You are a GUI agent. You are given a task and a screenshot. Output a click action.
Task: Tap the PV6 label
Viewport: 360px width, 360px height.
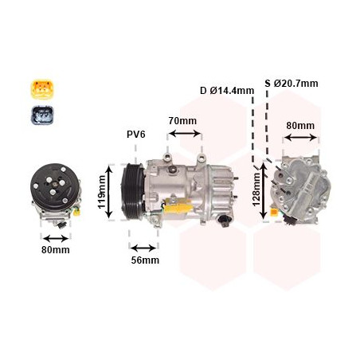tap(136, 134)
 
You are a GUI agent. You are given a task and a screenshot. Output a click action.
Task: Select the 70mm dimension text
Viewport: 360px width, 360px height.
tap(182, 120)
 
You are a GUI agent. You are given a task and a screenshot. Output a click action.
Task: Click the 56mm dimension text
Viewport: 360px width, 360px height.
tap(144, 260)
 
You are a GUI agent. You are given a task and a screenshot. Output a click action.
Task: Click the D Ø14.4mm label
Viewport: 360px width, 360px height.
tap(227, 90)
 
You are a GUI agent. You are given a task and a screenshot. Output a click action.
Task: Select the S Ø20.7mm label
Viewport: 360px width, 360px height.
tap(292, 83)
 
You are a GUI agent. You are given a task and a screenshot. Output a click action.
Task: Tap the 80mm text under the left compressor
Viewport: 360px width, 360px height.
tap(56, 249)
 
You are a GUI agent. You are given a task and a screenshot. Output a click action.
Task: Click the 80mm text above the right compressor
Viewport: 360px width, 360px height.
tap(300, 125)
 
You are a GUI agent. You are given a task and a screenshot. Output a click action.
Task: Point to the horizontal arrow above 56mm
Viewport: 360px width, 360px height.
tap(144, 246)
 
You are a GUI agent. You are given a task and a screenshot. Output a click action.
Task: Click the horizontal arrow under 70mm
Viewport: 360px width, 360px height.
tap(184, 134)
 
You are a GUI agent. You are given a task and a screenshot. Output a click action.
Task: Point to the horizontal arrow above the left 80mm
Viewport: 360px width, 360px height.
tap(56, 237)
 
